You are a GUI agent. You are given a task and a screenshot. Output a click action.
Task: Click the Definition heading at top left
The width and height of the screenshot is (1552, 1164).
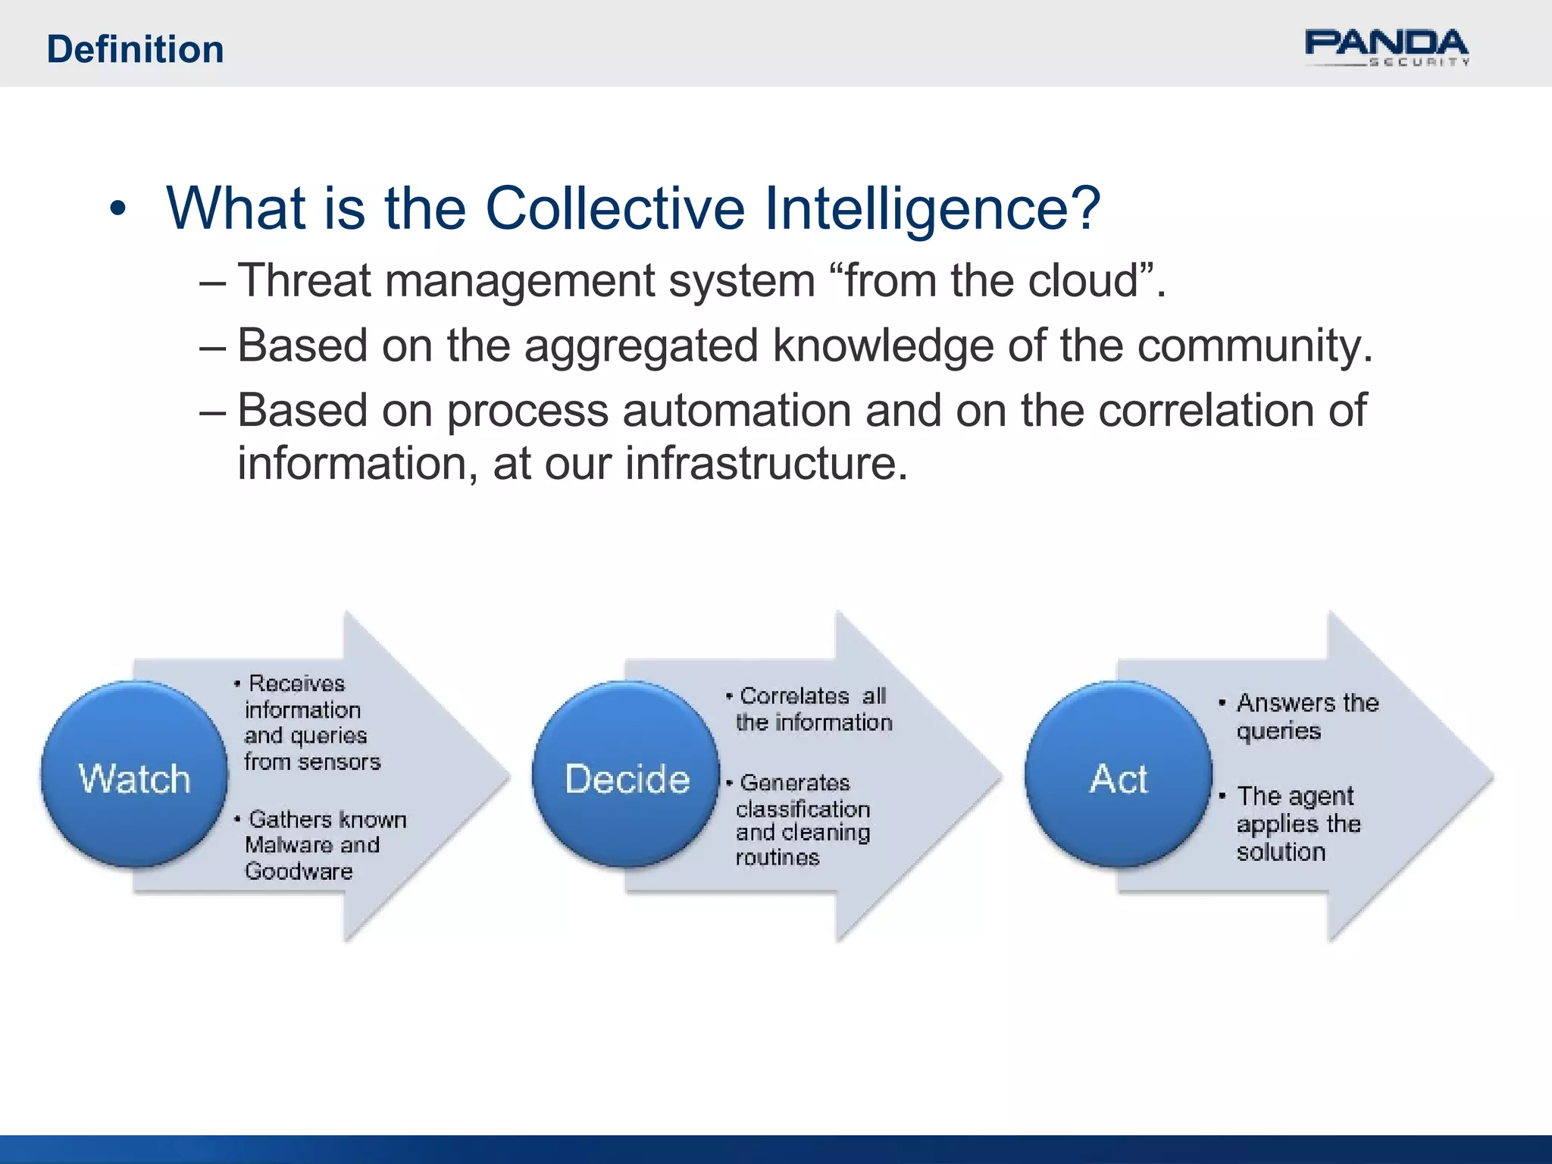click(135, 50)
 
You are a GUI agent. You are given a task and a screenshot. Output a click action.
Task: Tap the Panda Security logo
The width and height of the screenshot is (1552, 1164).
click(1386, 48)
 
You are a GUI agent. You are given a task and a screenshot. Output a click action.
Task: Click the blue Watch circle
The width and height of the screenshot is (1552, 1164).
click(134, 775)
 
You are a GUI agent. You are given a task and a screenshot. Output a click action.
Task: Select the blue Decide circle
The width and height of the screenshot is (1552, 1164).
click(626, 775)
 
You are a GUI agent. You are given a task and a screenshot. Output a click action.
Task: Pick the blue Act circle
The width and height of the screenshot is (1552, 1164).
click(1118, 775)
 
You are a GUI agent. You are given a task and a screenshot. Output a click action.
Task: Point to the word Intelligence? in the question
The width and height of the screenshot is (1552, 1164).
click(931, 209)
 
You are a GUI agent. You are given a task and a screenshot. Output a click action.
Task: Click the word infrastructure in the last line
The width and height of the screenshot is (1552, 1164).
click(765, 463)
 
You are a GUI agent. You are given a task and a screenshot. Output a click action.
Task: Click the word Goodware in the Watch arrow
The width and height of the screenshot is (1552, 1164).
click(299, 871)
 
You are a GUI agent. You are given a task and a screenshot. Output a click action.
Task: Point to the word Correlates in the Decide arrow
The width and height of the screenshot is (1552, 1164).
click(794, 696)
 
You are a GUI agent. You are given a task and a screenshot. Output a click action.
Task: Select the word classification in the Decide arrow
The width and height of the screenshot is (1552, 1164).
click(803, 809)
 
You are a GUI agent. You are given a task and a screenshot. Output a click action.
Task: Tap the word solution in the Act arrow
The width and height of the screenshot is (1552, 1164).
click(1281, 852)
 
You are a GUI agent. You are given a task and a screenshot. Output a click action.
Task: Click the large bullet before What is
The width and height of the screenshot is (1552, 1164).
click(117, 209)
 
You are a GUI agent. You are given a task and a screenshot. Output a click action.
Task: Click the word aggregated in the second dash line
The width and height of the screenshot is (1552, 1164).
click(641, 347)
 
